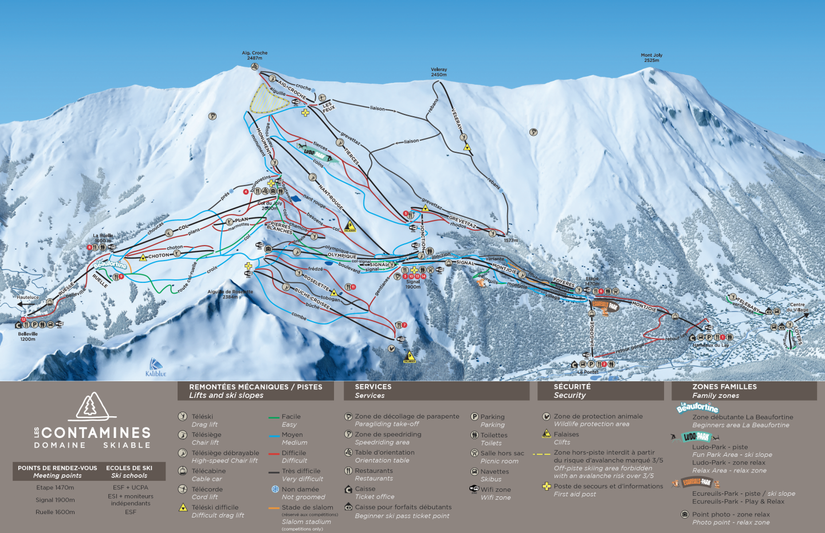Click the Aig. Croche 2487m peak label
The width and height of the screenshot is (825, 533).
click(x=254, y=56)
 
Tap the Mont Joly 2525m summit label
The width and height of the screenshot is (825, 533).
click(x=651, y=58)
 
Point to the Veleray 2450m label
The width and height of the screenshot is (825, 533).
click(x=439, y=72)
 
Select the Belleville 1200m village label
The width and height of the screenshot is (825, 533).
click(x=27, y=336)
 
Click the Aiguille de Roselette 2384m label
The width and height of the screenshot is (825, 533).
click(x=230, y=294)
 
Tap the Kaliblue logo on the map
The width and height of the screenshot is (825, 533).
click(x=155, y=368)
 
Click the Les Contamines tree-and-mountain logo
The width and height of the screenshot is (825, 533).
click(x=92, y=406)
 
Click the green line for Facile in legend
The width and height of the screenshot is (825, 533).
click(x=273, y=418)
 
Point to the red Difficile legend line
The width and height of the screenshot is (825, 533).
click(x=273, y=454)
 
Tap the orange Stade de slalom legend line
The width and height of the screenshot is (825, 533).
click(x=273, y=508)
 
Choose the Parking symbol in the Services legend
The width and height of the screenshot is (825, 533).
click(x=474, y=417)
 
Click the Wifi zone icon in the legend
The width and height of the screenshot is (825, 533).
click(x=474, y=489)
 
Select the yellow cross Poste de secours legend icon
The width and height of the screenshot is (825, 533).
click(x=547, y=487)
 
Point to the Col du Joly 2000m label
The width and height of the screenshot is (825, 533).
click(x=270, y=206)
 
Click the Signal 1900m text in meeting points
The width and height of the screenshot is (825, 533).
click(x=55, y=500)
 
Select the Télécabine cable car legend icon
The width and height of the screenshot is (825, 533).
click(x=182, y=471)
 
